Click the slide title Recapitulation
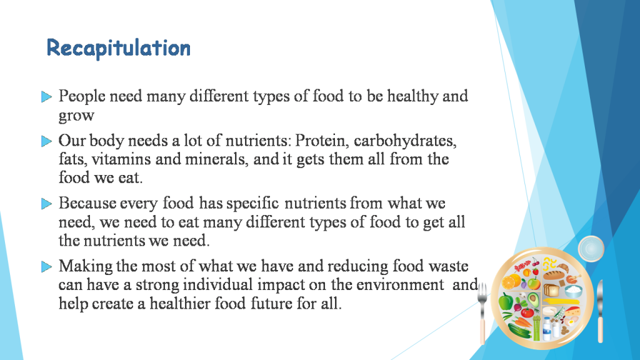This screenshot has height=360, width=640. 119,48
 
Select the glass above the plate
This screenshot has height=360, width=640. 591,249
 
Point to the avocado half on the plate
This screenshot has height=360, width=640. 533,285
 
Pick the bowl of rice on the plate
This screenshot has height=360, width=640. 572,291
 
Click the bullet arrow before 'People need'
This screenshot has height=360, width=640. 46,97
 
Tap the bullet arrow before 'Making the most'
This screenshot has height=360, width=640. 46,267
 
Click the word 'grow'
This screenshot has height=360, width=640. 76,116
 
